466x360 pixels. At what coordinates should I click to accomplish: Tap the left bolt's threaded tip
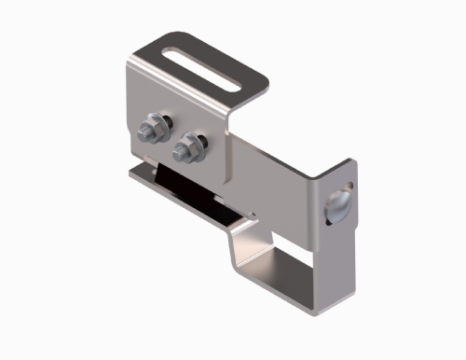pos(148,122)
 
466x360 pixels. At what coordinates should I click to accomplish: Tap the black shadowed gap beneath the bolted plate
pos(191,192)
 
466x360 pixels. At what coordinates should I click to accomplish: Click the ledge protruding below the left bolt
pos(140,170)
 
